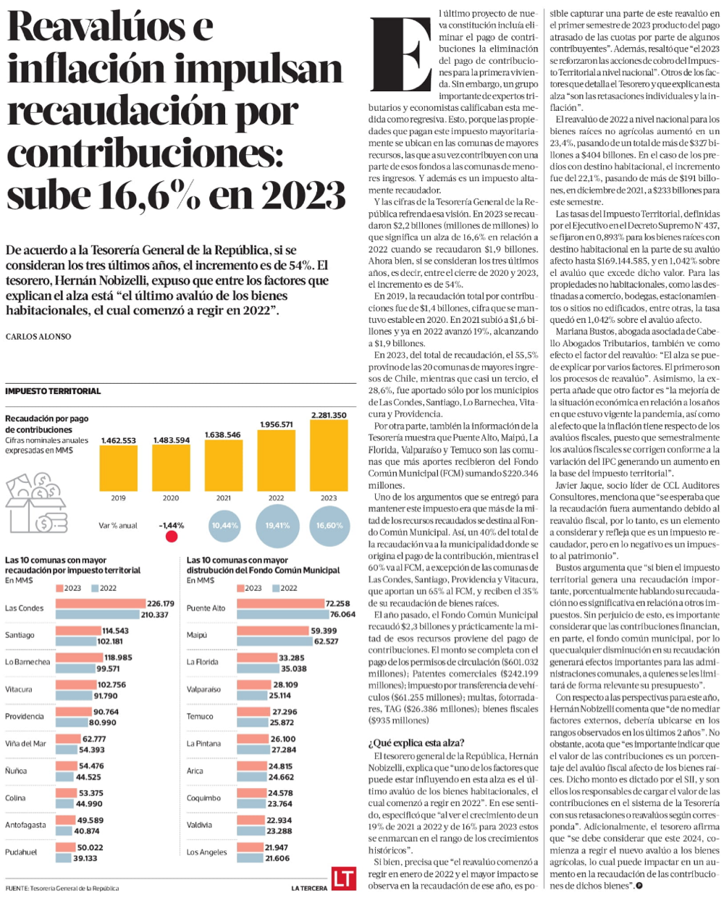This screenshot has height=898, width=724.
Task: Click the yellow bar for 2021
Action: [223, 465]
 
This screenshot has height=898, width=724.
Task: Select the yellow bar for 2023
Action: [329, 456]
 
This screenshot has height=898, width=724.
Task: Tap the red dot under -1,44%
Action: [172, 536]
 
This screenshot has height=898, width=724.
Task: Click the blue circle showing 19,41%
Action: [277, 526]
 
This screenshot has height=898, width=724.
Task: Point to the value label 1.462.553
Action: [119, 440]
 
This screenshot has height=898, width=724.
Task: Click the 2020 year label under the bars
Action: [171, 498]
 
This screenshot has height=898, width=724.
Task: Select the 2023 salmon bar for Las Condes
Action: [101, 603]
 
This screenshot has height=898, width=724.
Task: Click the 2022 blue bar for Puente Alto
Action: [283, 614]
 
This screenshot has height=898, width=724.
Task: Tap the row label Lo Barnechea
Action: [28, 662]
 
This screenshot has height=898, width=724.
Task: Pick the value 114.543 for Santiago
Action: [115, 631]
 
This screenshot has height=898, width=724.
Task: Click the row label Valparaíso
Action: [203, 689]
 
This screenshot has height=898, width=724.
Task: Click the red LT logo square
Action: [344, 878]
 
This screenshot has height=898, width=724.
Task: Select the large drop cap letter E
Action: [401, 54]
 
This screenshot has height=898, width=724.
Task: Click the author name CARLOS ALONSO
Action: [38, 336]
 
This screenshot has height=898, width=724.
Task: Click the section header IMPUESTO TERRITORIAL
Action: [53, 391]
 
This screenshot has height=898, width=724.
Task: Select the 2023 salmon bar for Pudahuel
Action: [65, 847]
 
